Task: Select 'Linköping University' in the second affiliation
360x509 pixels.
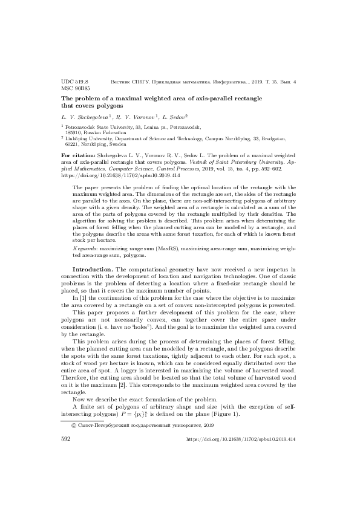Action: (94, 138)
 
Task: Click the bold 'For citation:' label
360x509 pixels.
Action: (79, 155)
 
